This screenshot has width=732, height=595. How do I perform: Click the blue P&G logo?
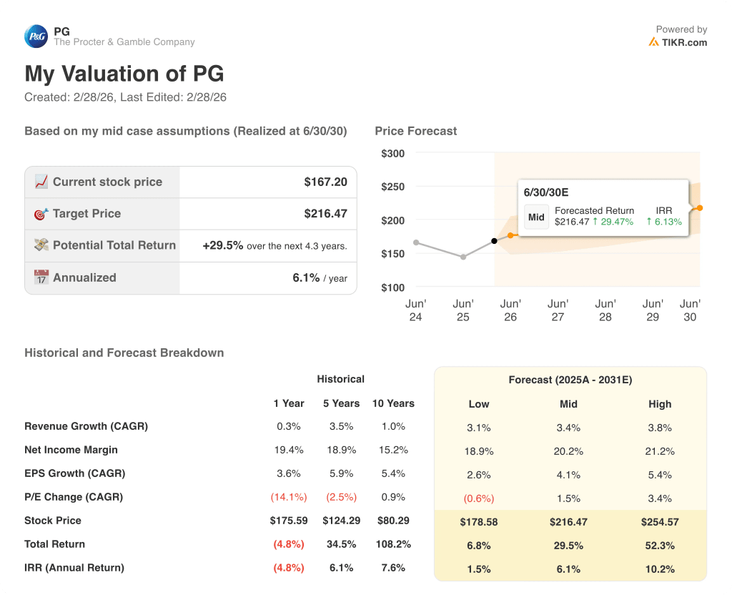point(36,36)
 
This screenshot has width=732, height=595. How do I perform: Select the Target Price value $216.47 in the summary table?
point(325,213)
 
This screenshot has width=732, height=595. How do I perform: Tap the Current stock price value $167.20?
point(325,182)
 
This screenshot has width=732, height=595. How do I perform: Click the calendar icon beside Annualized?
point(41,277)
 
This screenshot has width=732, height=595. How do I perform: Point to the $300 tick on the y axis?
point(392,154)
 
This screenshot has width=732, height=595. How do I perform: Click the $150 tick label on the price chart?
point(392,254)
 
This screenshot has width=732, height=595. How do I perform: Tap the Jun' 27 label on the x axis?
point(558,310)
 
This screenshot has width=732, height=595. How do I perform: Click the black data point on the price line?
point(494,241)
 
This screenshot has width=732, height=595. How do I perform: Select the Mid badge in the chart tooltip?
point(536,217)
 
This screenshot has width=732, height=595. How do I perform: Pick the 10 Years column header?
point(393,403)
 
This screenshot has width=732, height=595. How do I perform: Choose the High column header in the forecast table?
point(660,404)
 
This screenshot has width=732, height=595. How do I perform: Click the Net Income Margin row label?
point(71,450)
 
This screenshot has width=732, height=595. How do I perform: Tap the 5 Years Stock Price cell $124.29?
point(341,521)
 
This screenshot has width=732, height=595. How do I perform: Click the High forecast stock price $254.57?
point(660,522)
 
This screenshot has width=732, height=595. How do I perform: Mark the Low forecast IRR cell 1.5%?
point(478,569)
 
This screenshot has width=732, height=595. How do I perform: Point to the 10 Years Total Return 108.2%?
point(393,544)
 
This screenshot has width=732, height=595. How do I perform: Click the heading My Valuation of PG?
point(124,74)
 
